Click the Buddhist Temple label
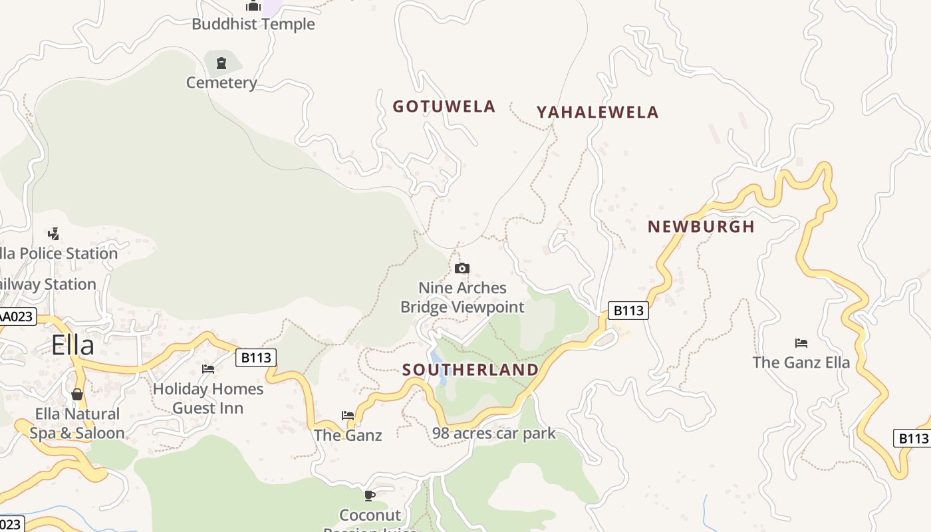(253, 25)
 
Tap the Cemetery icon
(221, 64)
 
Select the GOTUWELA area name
(444, 106)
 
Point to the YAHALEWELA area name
(597, 112)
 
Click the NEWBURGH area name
(701, 227)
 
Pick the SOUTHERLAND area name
(470, 370)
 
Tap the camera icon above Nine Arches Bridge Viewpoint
(462, 269)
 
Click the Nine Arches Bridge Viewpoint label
(462, 297)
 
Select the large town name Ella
(73, 346)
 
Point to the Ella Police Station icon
(54, 233)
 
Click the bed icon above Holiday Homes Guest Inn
(208, 368)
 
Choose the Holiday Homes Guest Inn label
(208, 398)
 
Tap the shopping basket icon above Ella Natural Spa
(77, 394)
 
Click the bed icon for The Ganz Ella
(801, 343)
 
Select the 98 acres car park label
(493, 434)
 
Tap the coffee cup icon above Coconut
(370, 495)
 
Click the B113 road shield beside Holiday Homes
(256, 358)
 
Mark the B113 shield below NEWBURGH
(628, 311)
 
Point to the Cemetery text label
(221, 83)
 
